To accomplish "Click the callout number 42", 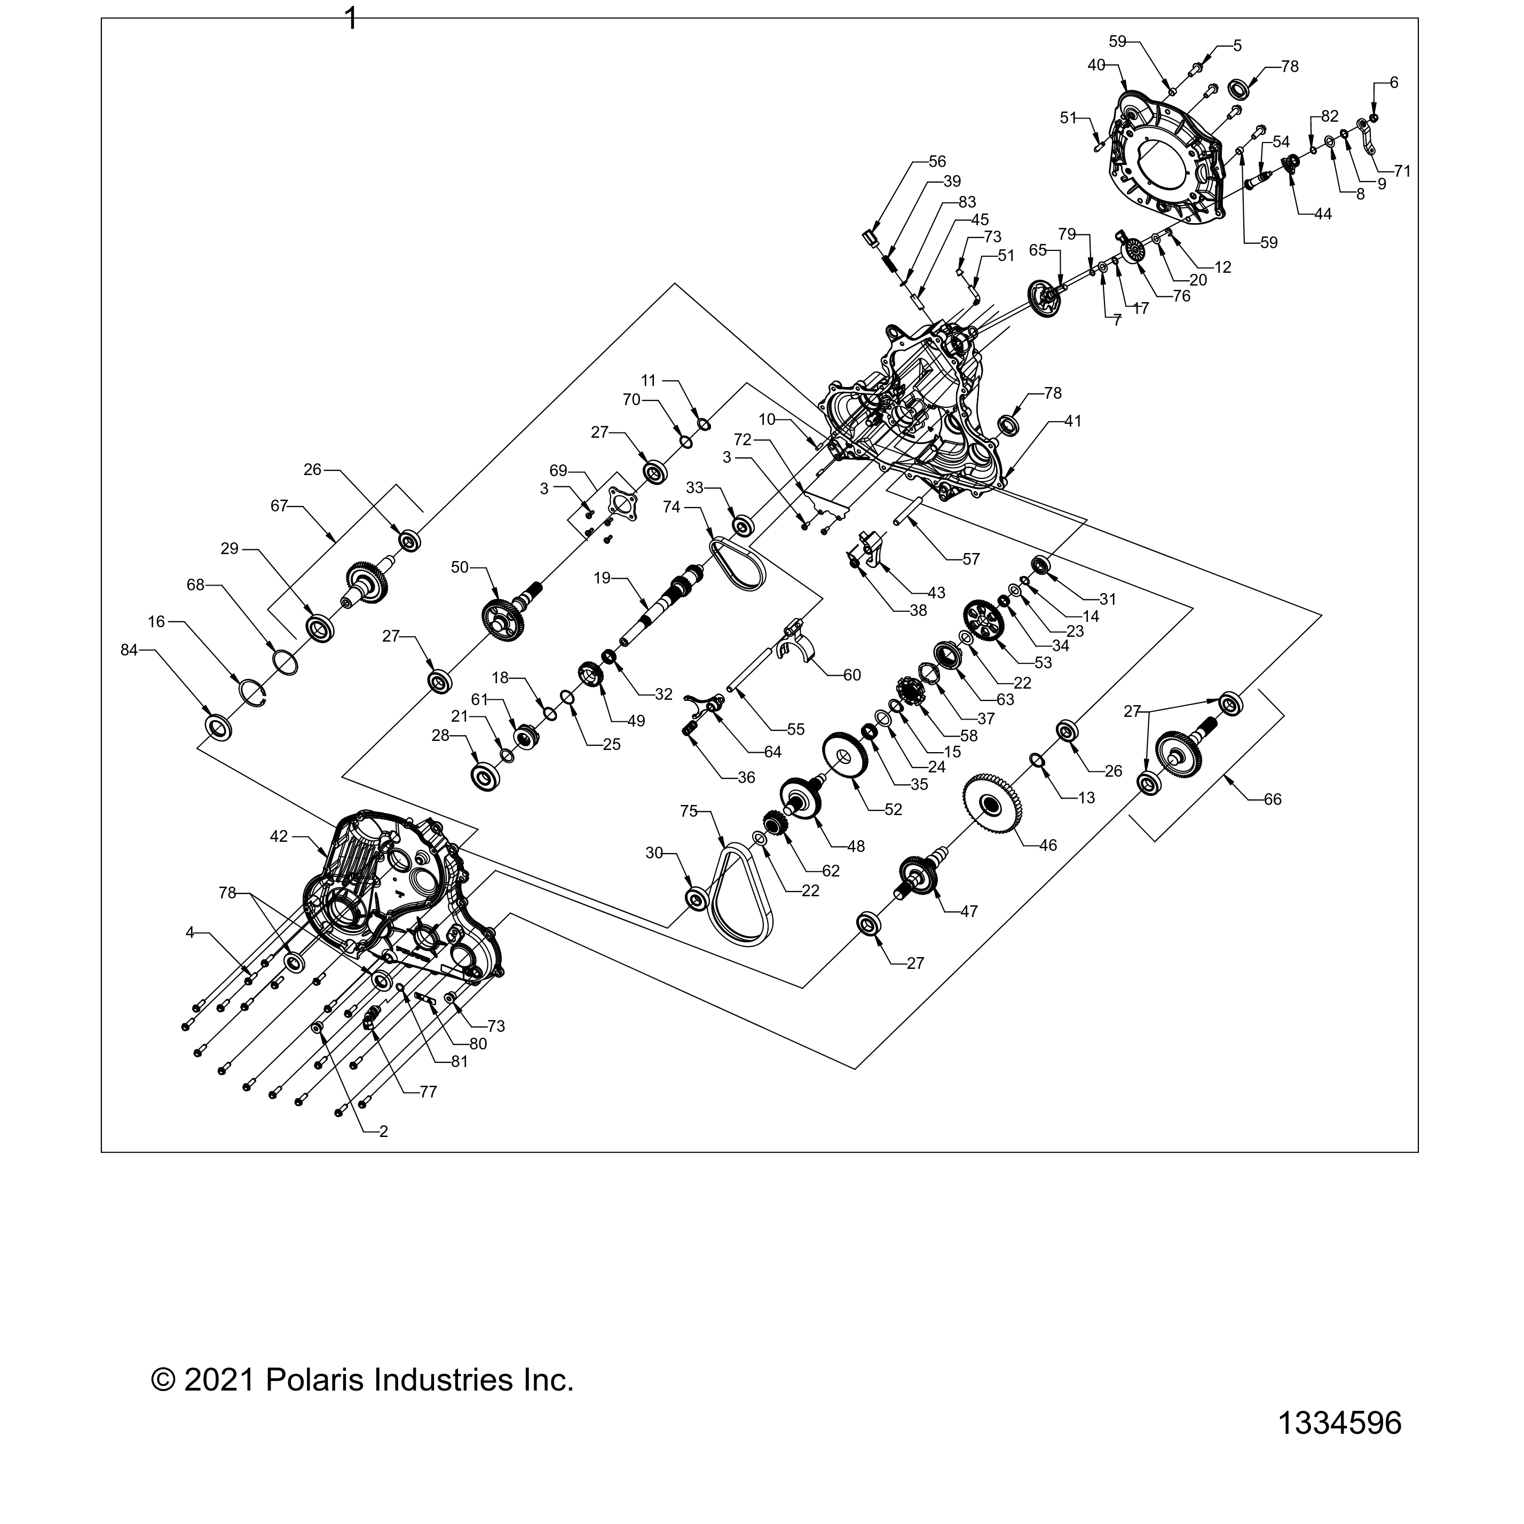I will pos(279,837).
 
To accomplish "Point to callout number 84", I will pos(129,650).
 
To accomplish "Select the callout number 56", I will pos(936,162).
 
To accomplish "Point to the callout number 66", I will pos(1273,799).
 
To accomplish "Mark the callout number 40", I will pos(1096,66).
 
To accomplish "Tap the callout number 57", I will pos(971,559).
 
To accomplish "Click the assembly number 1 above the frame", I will pos(352,18).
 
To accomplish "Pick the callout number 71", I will pos(1402,170).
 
